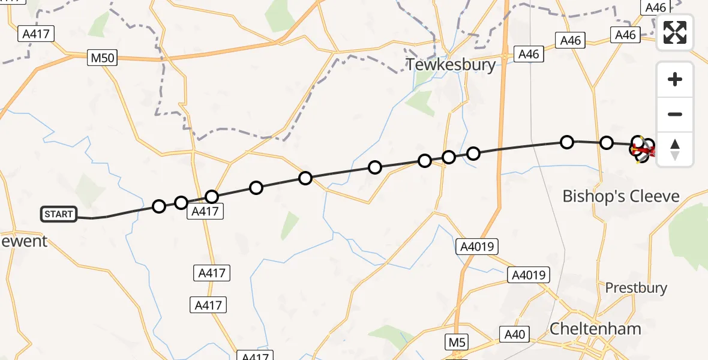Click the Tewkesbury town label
(451, 65)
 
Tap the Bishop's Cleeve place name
(621, 196)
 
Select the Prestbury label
(636, 288)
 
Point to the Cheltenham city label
(596, 329)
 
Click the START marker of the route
(59, 214)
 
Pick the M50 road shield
(102, 58)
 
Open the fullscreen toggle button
(675, 32)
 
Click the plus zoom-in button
(675, 79)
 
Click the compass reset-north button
(675, 149)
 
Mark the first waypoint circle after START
(159, 206)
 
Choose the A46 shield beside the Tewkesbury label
(529, 54)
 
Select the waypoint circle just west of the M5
(473, 154)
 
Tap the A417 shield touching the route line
(206, 211)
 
